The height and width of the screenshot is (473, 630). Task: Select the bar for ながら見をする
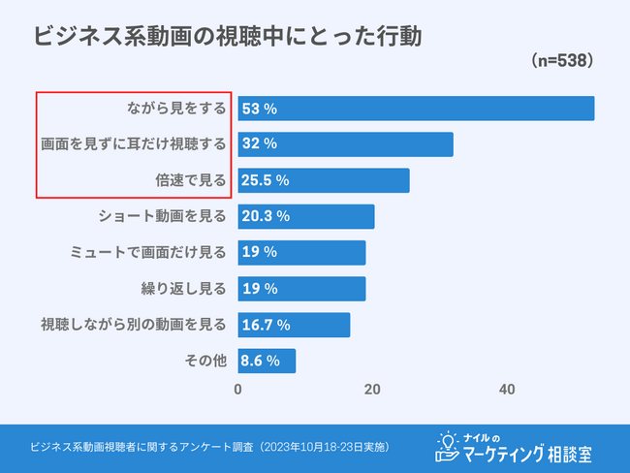click(417, 108)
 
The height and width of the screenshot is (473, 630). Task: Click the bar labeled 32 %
click(346, 143)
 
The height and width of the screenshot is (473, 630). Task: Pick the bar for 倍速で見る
click(324, 180)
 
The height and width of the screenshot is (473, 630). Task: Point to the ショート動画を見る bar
click(306, 216)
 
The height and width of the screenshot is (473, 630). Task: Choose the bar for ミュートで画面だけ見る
click(301, 252)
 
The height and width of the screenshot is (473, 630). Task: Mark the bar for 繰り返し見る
click(301, 288)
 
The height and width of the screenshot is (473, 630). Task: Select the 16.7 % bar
click(294, 324)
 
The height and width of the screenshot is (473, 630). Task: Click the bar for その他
click(267, 361)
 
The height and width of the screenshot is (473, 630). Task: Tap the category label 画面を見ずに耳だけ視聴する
click(134, 143)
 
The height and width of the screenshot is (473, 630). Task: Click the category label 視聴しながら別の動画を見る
click(134, 324)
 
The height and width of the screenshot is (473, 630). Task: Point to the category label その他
click(205, 361)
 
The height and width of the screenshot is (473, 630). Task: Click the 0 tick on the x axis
click(238, 390)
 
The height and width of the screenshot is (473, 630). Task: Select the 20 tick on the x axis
click(372, 390)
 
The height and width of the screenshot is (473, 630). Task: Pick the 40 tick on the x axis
click(506, 390)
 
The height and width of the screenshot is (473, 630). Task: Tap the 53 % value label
click(260, 108)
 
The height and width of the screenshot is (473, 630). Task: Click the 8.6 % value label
click(261, 361)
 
